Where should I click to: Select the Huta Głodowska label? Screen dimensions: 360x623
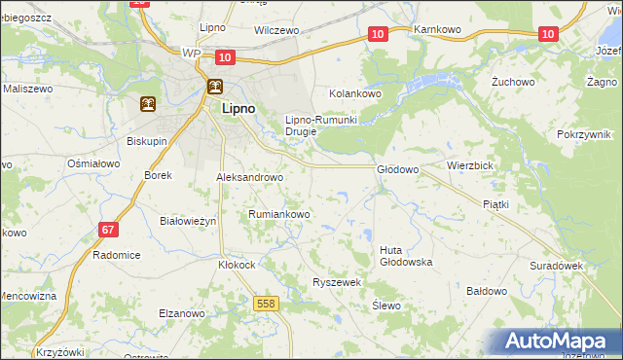pyautogui.click(x=405, y=256)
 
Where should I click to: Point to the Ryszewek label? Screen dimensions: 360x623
pyautogui.click(x=337, y=281)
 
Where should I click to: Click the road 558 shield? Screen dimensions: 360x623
pyautogui.click(x=266, y=304)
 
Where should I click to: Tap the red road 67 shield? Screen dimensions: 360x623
pyautogui.click(x=109, y=230)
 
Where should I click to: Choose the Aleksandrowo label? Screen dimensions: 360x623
pyautogui.click(x=248, y=178)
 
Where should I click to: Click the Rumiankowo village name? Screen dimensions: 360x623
pyautogui.click(x=278, y=214)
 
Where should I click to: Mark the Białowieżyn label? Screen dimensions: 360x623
pyautogui.click(x=187, y=221)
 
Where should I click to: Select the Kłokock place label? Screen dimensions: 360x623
pyautogui.click(x=237, y=264)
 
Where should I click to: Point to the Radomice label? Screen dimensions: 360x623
pyautogui.click(x=116, y=255)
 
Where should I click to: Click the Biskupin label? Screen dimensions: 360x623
pyautogui.click(x=148, y=140)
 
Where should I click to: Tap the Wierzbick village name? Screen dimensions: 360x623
pyautogui.click(x=470, y=165)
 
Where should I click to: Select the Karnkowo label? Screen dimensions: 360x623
pyautogui.click(x=436, y=30)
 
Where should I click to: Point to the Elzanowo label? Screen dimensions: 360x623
pyautogui.click(x=181, y=313)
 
